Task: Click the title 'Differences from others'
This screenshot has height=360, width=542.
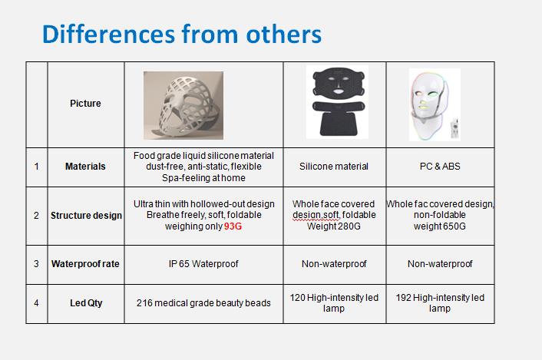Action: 182,35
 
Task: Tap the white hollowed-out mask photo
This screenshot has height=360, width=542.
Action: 183,105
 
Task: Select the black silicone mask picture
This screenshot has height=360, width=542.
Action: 337,102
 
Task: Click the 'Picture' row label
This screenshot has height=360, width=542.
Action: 85,104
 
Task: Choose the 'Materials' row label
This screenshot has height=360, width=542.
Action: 85,167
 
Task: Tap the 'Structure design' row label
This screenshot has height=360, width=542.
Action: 86,216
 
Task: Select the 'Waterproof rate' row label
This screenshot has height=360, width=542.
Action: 85,264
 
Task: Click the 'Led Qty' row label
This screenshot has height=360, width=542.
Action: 86,303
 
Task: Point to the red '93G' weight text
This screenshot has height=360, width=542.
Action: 233,226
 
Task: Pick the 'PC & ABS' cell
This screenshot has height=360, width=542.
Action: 440,167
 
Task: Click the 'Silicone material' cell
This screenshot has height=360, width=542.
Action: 334,167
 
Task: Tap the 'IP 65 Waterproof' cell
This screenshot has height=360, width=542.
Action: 203,264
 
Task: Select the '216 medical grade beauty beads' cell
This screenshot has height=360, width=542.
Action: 203,303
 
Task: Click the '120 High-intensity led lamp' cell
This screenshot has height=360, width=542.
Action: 334,303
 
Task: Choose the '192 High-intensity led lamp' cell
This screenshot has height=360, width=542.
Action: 440,303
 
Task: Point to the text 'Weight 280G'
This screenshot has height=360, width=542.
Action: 334,226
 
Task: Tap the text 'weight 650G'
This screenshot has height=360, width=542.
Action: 440,226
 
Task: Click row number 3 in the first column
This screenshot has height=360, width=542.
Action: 36,264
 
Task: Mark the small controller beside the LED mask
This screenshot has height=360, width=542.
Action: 455,128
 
